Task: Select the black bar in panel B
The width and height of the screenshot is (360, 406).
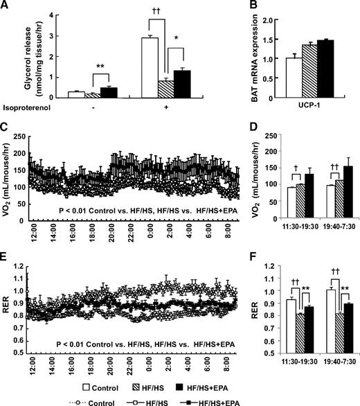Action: (325, 69)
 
